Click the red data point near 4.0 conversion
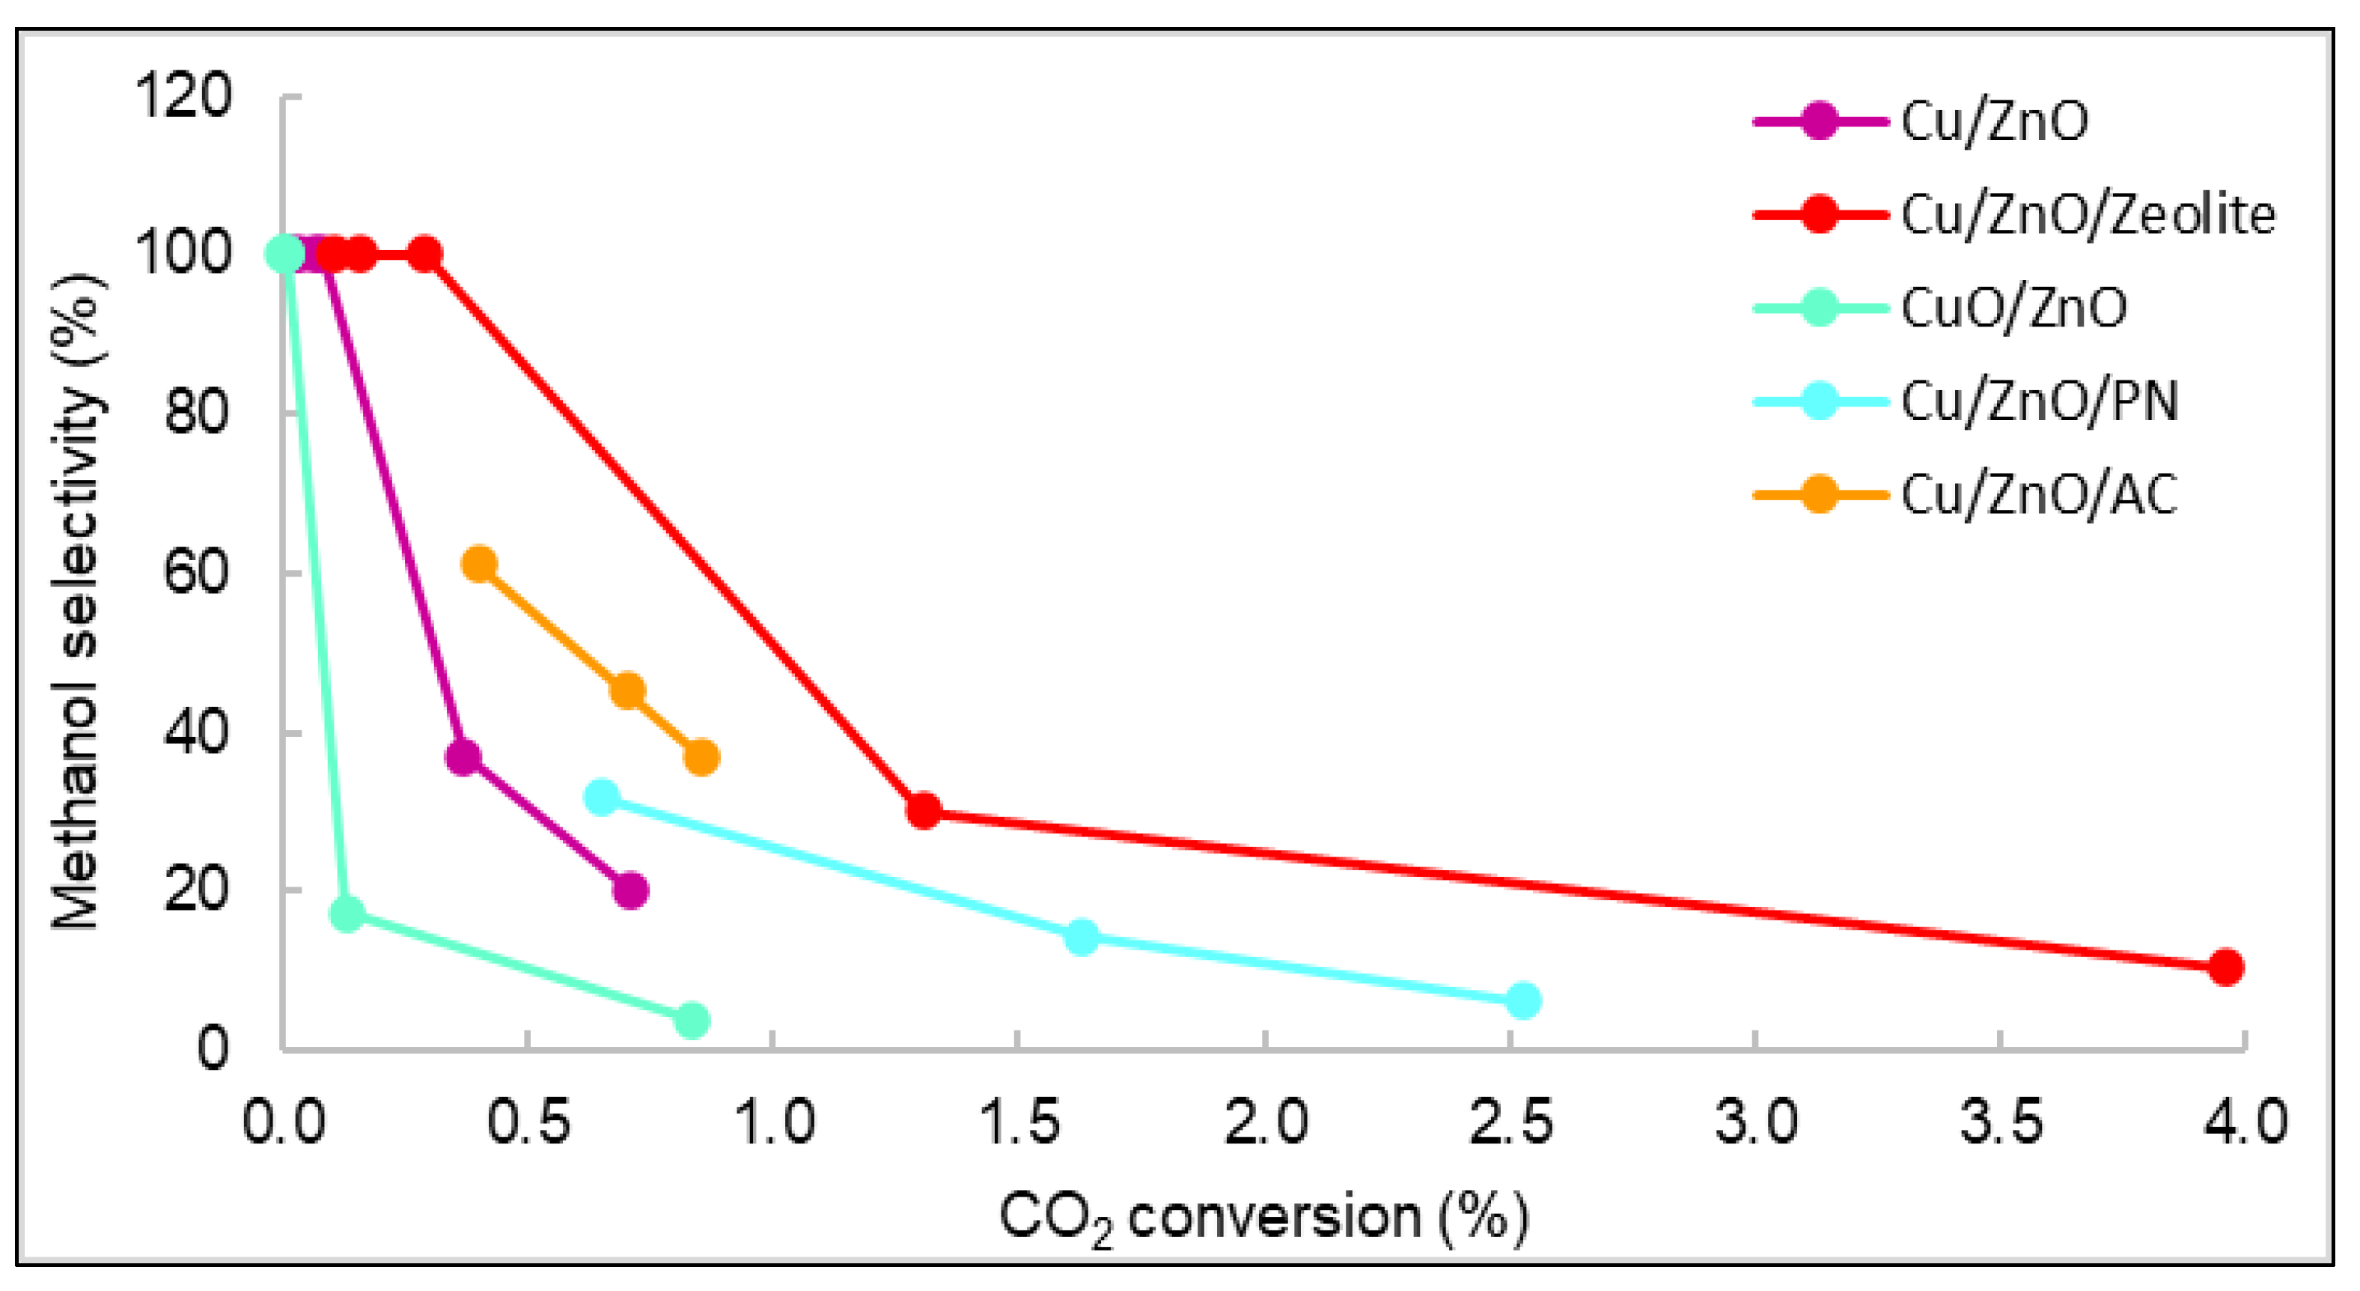(x=2225, y=967)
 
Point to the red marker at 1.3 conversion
(x=924, y=810)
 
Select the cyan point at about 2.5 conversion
(x=1522, y=1000)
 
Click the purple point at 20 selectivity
(x=630, y=890)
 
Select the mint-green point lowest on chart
(x=692, y=1020)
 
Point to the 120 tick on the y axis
(x=183, y=95)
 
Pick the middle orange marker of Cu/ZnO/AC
(x=626, y=691)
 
